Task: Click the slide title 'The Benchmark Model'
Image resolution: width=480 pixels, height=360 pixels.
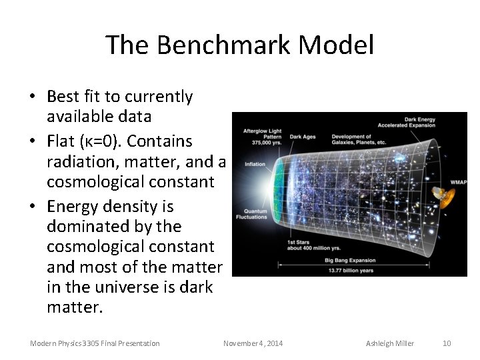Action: pos(240,45)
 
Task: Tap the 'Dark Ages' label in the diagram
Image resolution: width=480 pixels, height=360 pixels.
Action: pos(302,137)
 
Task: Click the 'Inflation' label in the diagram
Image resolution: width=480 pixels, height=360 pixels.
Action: pos(255,163)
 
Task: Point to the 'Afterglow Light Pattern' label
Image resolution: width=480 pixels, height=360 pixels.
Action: pos(262,136)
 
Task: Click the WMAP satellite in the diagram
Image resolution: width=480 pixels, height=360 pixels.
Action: pos(441,195)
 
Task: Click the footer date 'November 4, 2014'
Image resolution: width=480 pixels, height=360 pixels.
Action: pos(253,343)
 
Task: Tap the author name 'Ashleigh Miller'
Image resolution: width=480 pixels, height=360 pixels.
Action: pos(390,343)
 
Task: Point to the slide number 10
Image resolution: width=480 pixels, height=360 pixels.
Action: pos(447,343)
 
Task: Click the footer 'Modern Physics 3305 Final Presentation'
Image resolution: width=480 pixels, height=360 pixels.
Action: pos(95,343)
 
